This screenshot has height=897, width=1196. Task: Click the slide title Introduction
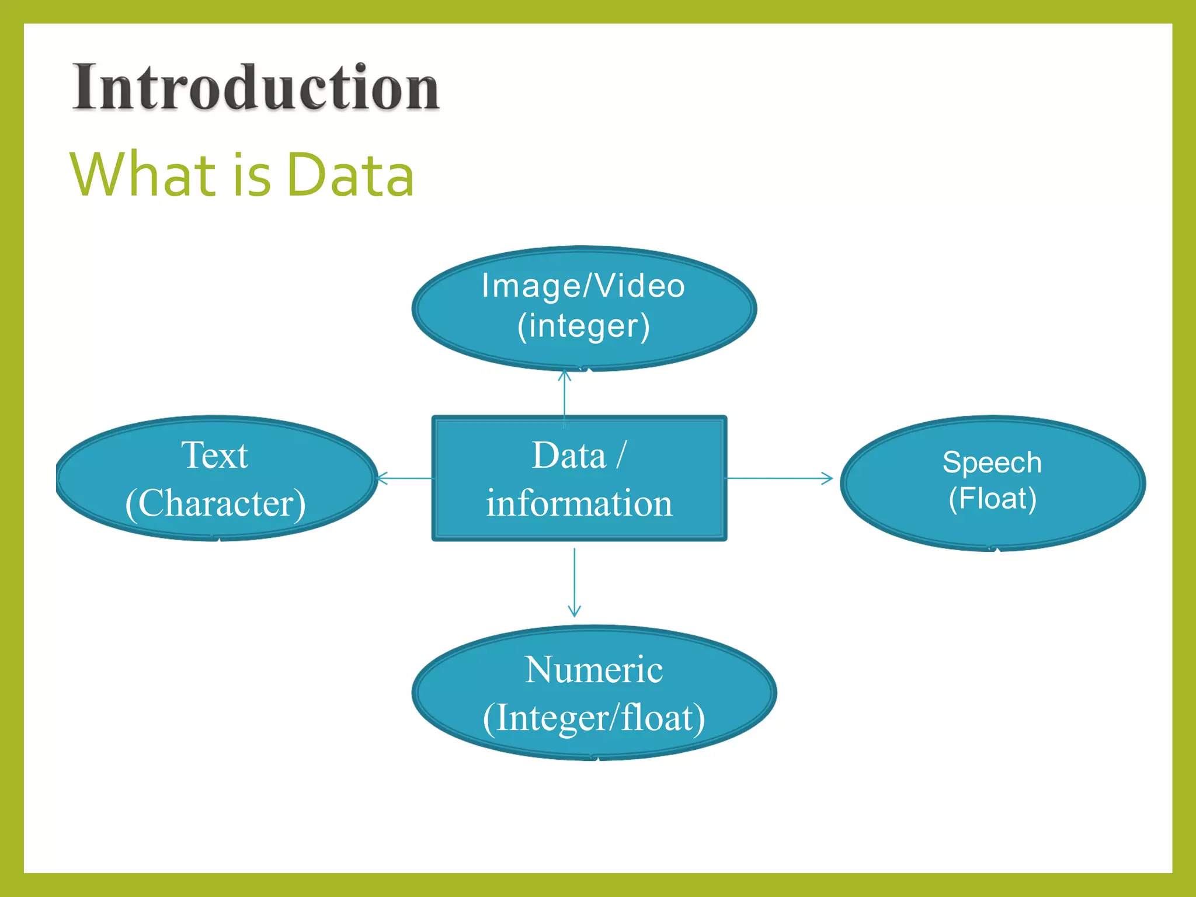point(255,88)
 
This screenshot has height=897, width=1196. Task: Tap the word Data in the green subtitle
point(350,175)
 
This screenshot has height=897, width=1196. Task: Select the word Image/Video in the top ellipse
point(583,286)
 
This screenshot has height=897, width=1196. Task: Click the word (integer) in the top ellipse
point(583,326)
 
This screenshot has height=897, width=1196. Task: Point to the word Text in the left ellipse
point(214,455)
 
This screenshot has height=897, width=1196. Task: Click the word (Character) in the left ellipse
point(215,503)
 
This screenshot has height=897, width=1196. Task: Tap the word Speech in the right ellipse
point(992,463)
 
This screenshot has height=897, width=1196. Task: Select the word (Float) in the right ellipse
point(992,498)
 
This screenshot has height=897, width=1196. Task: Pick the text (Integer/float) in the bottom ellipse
point(593,718)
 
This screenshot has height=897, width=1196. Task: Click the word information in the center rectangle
point(579,503)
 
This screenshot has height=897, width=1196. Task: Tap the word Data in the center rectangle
point(569,455)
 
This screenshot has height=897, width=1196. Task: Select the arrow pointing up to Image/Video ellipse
point(564,394)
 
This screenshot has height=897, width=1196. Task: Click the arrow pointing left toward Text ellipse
point(405,478)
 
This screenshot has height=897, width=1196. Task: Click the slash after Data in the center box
point(621,455)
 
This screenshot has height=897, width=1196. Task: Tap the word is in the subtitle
point(252,175)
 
